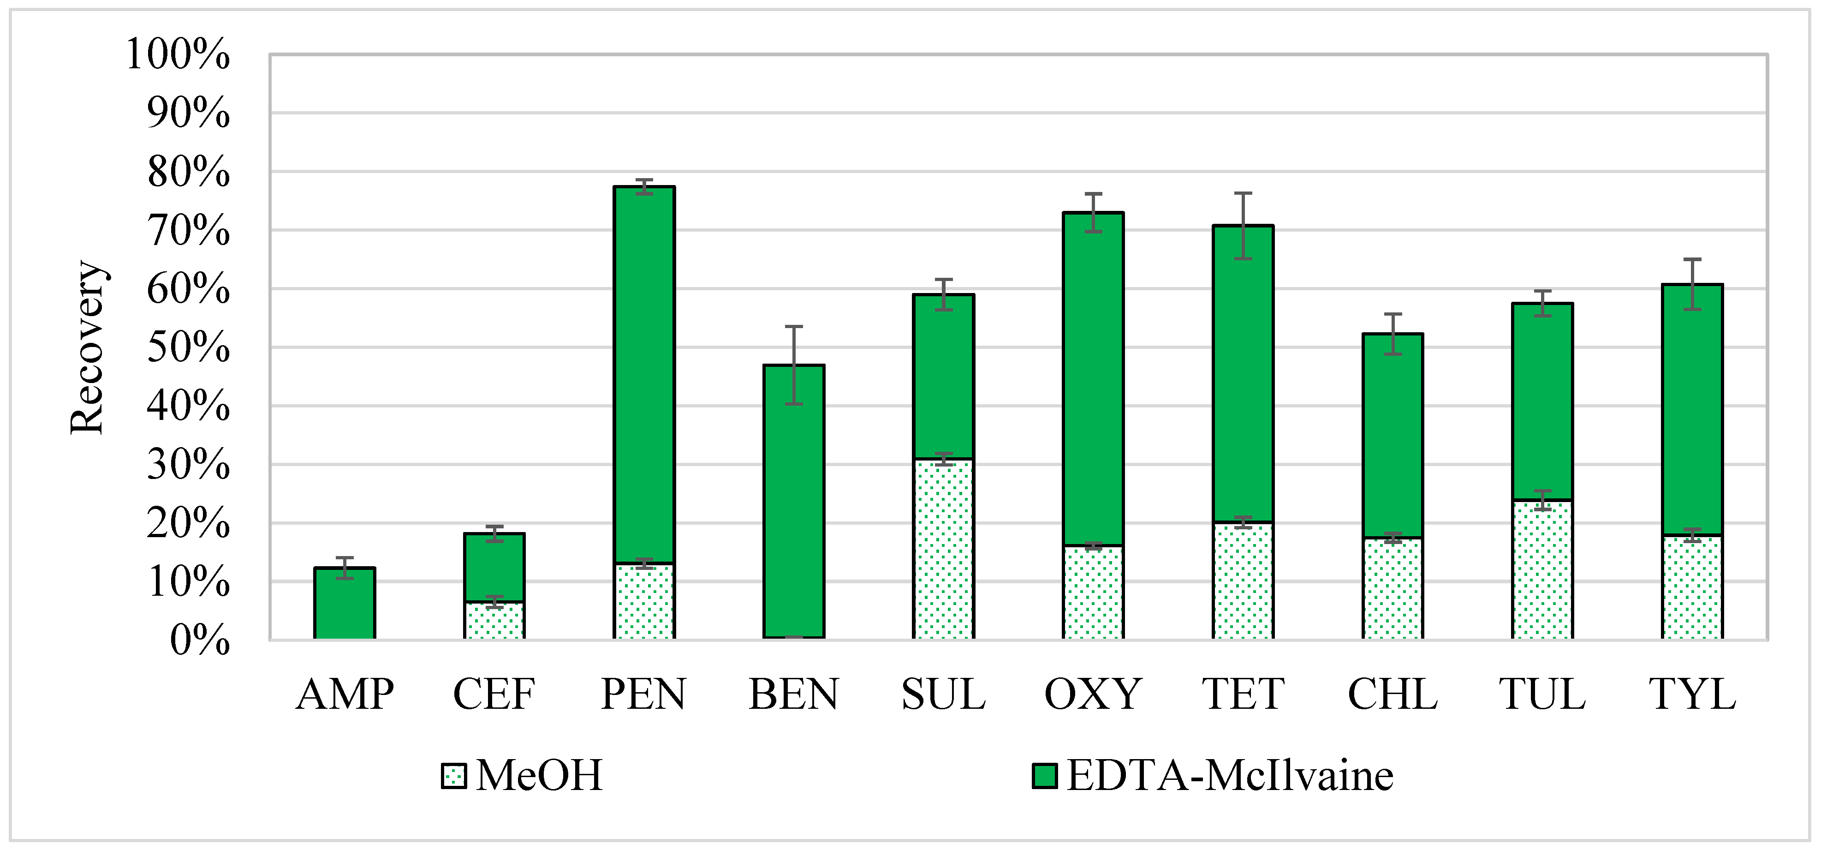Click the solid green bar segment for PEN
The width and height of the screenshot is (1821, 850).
point(644,375)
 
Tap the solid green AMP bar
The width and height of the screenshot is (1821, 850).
point(344,603)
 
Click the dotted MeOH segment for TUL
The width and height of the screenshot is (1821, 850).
point(1542,569)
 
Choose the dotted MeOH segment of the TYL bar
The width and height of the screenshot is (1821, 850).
point(1692,587)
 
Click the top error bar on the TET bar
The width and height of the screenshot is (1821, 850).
point(1243,225)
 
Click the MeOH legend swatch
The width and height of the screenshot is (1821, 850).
point(453,776)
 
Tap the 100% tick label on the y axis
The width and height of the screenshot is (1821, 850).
point(178,54)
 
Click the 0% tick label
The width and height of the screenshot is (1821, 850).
point(199,640)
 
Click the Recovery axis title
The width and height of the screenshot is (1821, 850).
point(87,347)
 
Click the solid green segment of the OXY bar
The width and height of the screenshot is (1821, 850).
point(1093,378)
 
